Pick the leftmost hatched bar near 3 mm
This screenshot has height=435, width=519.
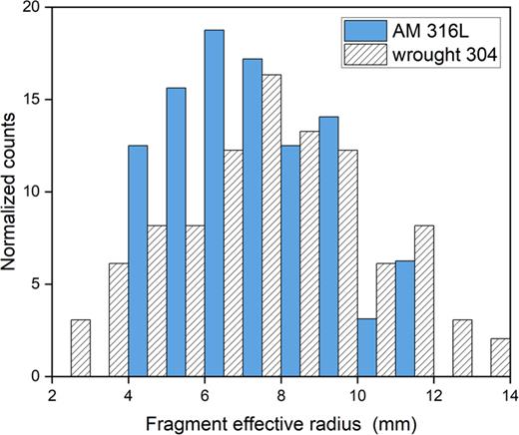point(81,348)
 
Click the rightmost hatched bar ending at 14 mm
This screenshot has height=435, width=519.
point(500,357)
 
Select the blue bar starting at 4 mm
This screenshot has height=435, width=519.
point(138,260)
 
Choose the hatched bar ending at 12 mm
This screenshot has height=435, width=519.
point(424,300)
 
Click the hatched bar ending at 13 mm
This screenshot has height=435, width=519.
point(462,348)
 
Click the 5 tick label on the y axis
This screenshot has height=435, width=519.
point(37,284)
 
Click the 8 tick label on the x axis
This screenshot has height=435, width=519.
point(281,394)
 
